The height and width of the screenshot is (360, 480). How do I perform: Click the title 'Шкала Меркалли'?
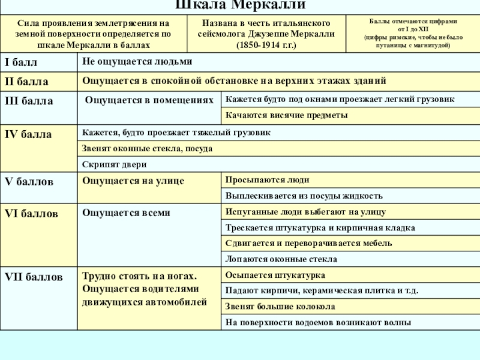coord(240,5)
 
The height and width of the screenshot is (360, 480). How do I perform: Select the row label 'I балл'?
coord(22,62)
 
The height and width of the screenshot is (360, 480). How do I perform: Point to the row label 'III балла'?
coord(29,100)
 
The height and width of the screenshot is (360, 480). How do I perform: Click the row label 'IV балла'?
coord(28,134)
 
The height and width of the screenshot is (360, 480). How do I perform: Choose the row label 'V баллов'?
coord(29,180)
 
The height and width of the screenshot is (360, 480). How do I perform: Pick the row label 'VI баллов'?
coord(32,213)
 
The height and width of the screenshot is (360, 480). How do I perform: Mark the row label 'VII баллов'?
coord(34,277)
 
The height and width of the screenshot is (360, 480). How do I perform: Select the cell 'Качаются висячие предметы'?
coord(286,115)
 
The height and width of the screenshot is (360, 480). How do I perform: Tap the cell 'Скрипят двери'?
coord(115,164)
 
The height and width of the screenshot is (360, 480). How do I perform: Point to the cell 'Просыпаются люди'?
coord(267,180)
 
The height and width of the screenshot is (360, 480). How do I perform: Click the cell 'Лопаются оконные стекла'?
coord(281,259)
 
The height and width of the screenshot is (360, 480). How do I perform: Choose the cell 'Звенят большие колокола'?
coord(280,307)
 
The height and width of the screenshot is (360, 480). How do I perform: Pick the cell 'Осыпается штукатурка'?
coord(275,275)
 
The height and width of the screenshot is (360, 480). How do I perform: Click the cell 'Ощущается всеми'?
coord(126,212)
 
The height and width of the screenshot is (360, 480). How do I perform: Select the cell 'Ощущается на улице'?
coord(133,180)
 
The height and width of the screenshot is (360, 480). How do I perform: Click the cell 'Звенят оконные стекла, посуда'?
coord(147,148)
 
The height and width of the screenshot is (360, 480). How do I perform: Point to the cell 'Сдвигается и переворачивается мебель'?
coord(308,243)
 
